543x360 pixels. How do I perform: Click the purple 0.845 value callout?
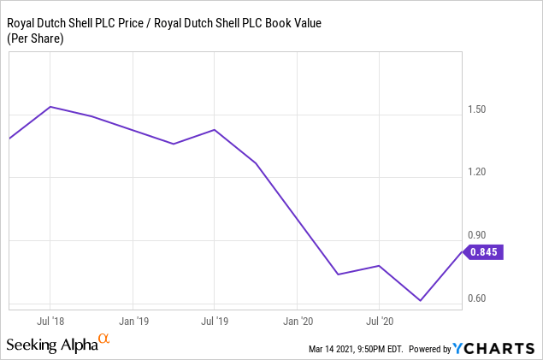click(483, 251)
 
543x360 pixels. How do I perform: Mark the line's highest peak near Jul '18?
click(50, 107)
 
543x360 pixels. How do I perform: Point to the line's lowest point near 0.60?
click(420, 301)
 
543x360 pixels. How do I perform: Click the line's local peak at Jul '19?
click(214, 130)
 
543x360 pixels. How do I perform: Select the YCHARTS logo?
click(496, 349)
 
